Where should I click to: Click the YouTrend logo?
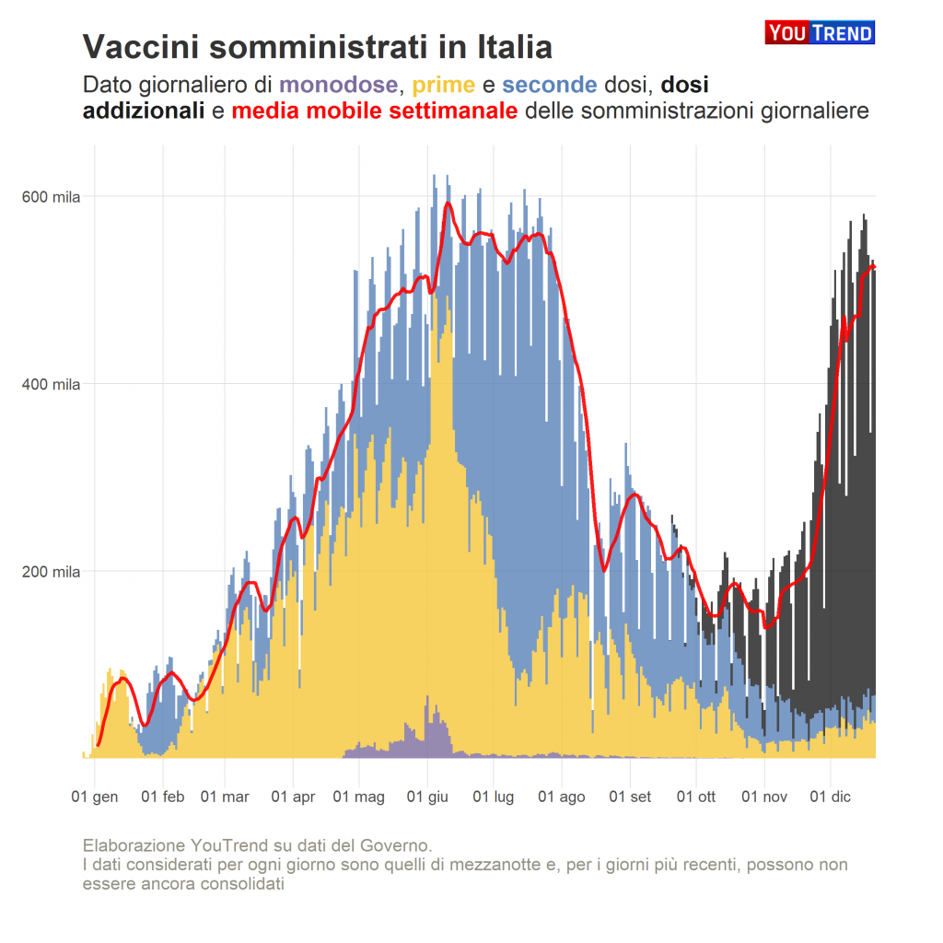pyautogui.click(x=819, y=33)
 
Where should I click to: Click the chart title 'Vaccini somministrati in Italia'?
pyautogui.click(x=318, y=47)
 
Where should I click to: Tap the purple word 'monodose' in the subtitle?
pyautogui.click(x=339, y=86)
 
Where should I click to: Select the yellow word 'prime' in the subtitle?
pyautogui.click(x=443, y=86)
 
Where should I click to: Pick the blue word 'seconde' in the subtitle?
pyautogui.click(x=550, y=86)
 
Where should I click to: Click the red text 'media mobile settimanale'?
pyautogui.click(x=375, y=112)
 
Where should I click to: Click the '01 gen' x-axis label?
pyautogui.click(x=95, y=797)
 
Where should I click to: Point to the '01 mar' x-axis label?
pyautogui.click(x=225, y=797)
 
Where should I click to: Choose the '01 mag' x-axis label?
pyautogui.click(x=359, y=797)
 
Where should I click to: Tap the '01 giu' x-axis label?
pyautogui.click(x=427, y=797)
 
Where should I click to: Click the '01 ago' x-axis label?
pyautogui.click(x=562, y=797)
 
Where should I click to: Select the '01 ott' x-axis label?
pyautogui.click(x=696, y=797)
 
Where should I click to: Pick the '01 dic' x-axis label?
pyautogui.click(x=830, y=797)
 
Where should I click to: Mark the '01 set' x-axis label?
pyautogui.click(x=630, y=797)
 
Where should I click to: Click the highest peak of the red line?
pyautogui.click(x=448, y=204)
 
